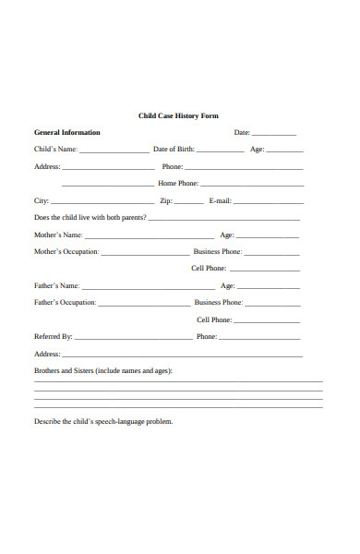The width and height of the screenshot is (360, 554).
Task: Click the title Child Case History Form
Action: coord(191,116)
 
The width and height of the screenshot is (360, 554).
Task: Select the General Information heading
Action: coord(66,133)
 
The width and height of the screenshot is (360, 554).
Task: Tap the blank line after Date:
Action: coord(274,135)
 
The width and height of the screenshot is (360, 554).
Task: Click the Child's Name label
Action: coord(55,150)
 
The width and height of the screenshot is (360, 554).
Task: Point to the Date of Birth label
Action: coord(174,150)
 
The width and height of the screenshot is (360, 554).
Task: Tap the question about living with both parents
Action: coord(90,218)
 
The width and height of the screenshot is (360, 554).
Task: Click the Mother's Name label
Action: coord(57,235)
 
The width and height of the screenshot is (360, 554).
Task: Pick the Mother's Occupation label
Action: coord(66,252)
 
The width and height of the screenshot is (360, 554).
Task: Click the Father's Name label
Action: coord(56,286)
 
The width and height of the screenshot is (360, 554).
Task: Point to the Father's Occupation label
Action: coord(65,303)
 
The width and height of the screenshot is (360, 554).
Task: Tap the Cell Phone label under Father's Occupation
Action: coord(213,320)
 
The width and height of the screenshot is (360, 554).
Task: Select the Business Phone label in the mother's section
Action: coord(217,252)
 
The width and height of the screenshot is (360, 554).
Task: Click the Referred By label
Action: coord(53,337)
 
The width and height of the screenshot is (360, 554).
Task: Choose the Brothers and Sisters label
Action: coord(102,371)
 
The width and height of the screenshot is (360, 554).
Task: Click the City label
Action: coord(42,200)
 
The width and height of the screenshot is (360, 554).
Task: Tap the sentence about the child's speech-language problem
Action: coord(103,422)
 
